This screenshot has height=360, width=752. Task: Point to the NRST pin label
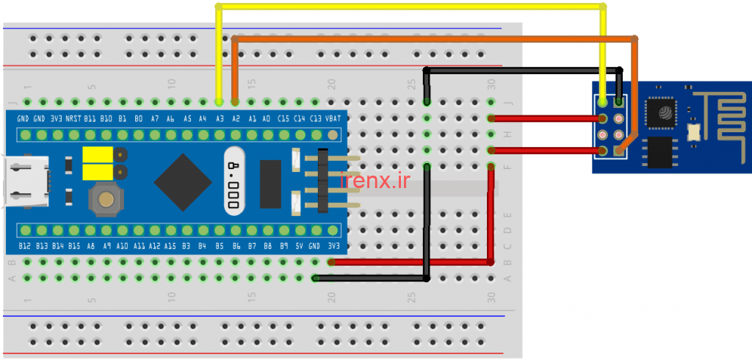73,118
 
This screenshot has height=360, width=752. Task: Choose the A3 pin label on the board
219,118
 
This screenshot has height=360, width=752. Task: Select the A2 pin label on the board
235,118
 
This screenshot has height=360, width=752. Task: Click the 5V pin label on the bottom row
300,246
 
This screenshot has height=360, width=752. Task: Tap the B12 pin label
23,246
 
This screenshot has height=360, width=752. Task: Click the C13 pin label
316,118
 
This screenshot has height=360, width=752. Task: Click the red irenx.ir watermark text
375,179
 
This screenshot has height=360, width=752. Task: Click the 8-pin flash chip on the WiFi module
659,153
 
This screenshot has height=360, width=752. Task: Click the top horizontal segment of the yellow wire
411,7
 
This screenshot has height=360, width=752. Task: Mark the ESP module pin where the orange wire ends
619,151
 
